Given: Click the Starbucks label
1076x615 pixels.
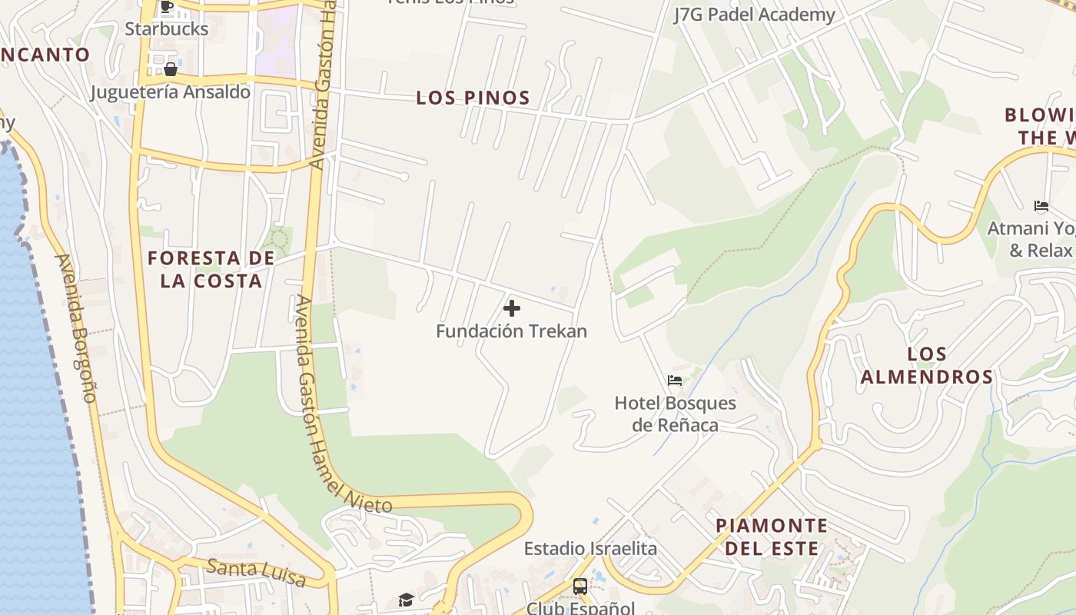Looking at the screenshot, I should click(x=166, y=29).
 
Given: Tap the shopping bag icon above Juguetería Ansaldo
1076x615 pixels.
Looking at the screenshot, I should click(x=170, y=70).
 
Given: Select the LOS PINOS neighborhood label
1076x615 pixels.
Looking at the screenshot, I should click(x=473, y=98).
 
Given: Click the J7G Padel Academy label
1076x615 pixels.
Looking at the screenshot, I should click(x=753, y=15).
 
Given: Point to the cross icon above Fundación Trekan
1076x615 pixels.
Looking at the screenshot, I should click(x=511, y=309).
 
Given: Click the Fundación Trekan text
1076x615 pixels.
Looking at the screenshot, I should click(x=511, y=331).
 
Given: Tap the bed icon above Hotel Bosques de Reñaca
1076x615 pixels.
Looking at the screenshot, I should click(x=675, y=380).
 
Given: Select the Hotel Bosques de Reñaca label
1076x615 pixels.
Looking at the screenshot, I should click(x=675, y=414).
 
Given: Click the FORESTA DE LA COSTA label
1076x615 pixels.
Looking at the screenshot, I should click(x=211, y=269).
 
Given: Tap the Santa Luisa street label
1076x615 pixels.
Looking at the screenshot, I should click(x=257, y=573).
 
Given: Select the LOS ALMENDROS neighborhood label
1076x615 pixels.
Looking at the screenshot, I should click(x=926, y=365).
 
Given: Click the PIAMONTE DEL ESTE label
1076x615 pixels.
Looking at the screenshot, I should click(x=772, y=537).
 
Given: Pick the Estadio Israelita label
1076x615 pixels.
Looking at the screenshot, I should click(x=590, y=548).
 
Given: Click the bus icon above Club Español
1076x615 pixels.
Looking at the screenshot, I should click(x=580, y=587).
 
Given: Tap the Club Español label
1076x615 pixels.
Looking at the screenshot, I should click(x=580, y=608).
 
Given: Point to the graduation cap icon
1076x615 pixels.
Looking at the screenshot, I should click(x=406, y=600).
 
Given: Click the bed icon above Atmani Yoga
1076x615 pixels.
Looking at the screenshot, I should click(x=1041, y=206).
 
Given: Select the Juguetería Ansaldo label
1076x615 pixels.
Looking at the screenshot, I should click(x=170, y=92).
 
